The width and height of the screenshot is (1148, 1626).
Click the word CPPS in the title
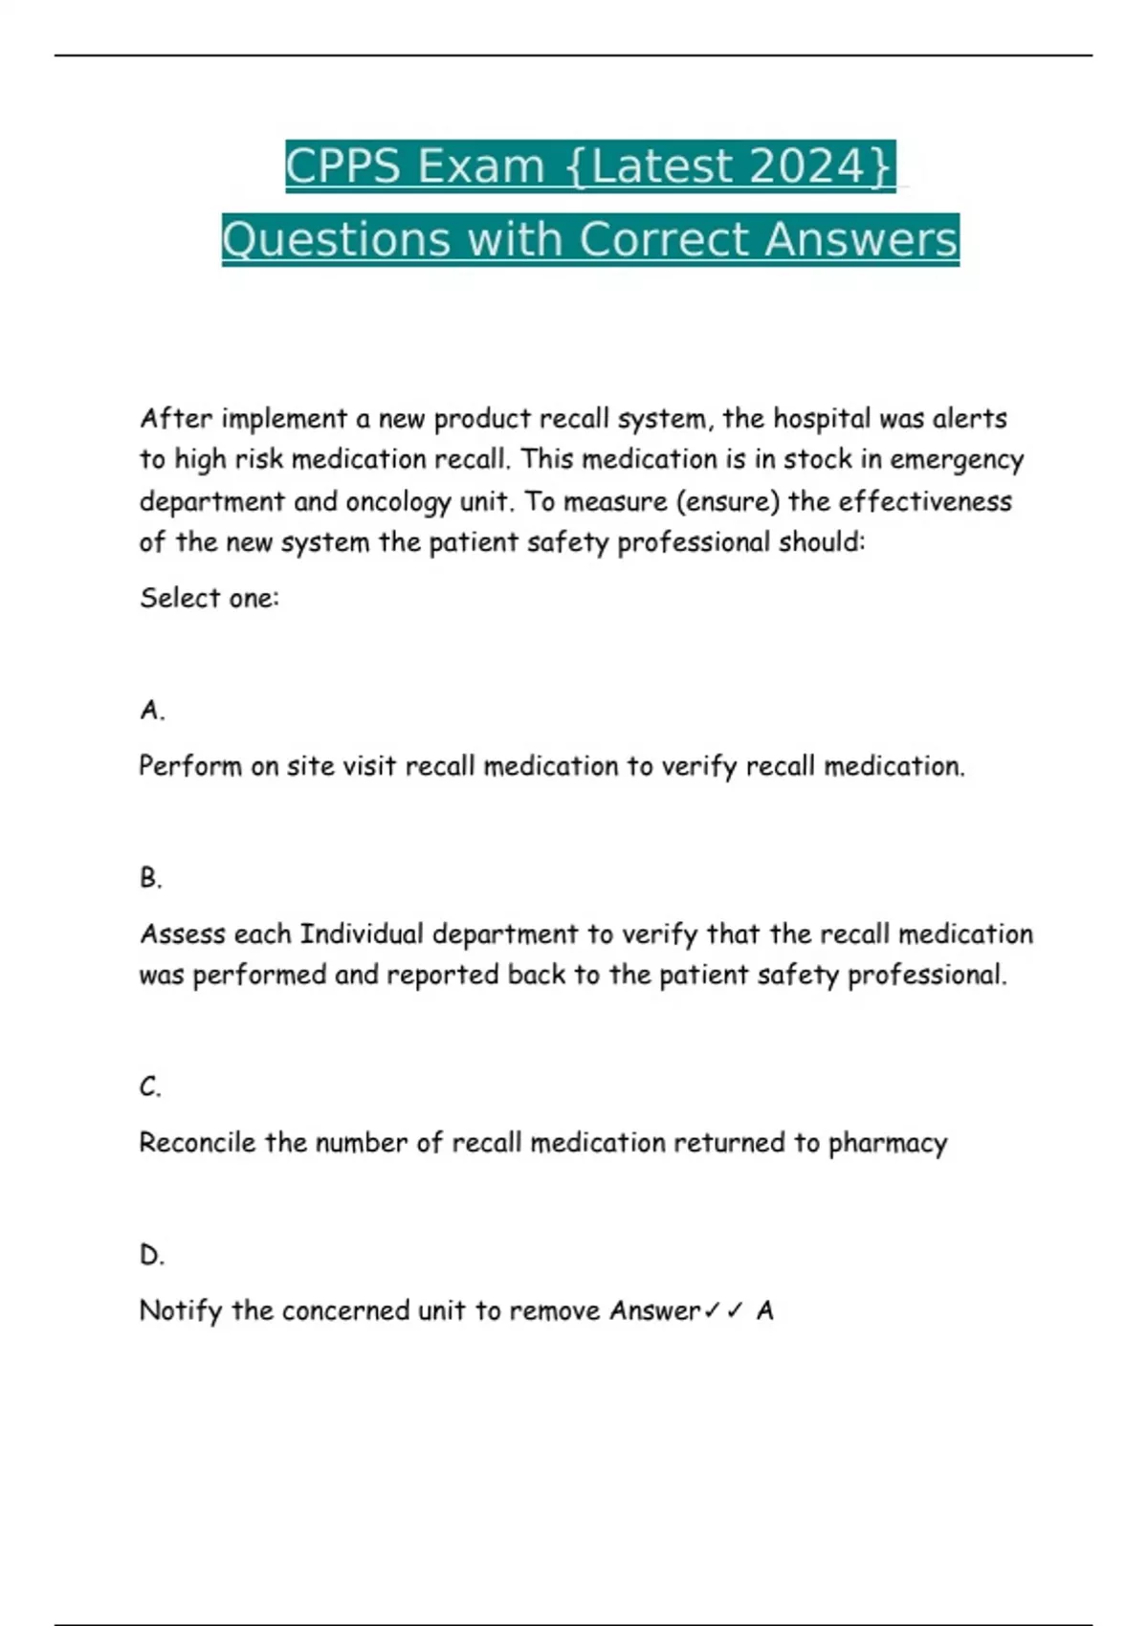tap(342, 165)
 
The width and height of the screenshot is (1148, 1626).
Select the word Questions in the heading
tap(335, 239)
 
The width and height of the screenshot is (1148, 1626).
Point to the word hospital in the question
tap(822, 419)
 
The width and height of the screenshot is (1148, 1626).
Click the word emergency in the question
tap(957, 460)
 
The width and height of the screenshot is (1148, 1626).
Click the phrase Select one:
tap(210, 598)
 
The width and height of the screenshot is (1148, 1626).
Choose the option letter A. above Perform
tap(152, 710)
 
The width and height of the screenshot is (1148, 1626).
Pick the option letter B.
tap(151, 877)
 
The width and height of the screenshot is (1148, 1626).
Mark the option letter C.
tap(151, 1087)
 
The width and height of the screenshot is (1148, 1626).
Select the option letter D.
tap(152, 1254)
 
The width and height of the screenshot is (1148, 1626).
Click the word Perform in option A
tap(190, 766)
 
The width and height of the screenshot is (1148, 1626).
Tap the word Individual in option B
tap(361, 934)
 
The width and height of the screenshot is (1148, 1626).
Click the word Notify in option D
tap(181, 1310)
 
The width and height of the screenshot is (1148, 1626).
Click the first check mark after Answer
tap(712, 1310)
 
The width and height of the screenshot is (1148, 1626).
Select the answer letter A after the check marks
tap(764, 1310)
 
